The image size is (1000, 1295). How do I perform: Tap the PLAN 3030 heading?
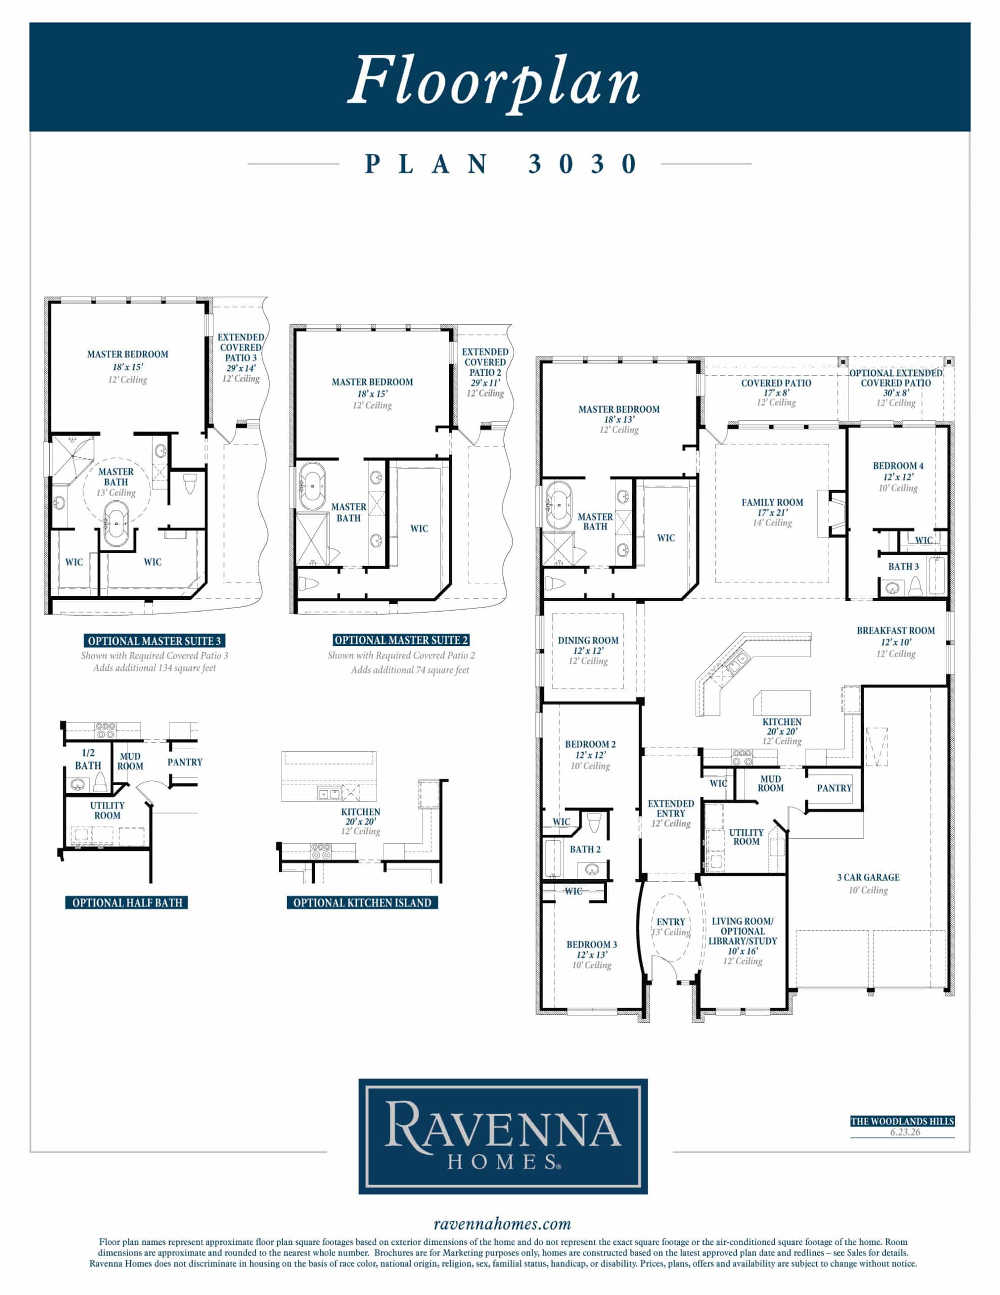click(501, 164)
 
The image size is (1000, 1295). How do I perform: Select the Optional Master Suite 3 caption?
click(154, 641)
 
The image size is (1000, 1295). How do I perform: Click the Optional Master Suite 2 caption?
click(401, 640)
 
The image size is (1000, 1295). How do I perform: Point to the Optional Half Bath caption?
click(127, 902)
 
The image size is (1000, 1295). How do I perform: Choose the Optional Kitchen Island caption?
click(362, 902)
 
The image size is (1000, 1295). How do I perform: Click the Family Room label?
click(772, 502)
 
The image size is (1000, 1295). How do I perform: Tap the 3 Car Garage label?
click(869, 878)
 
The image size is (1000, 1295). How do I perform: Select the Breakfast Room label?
click(896, 631)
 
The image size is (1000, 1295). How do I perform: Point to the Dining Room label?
click(588, 640)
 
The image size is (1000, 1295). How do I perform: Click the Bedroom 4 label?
click(898, 466)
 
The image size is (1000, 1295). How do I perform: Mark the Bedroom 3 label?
click(592, 944)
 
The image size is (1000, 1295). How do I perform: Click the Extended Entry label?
click(671, 809)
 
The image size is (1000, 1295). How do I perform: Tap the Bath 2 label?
click(585, 849)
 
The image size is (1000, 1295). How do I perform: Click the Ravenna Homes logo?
click(503, 1137)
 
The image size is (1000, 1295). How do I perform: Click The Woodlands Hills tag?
click(902, 1121)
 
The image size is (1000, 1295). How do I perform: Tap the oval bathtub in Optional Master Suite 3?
click(117, 524)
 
